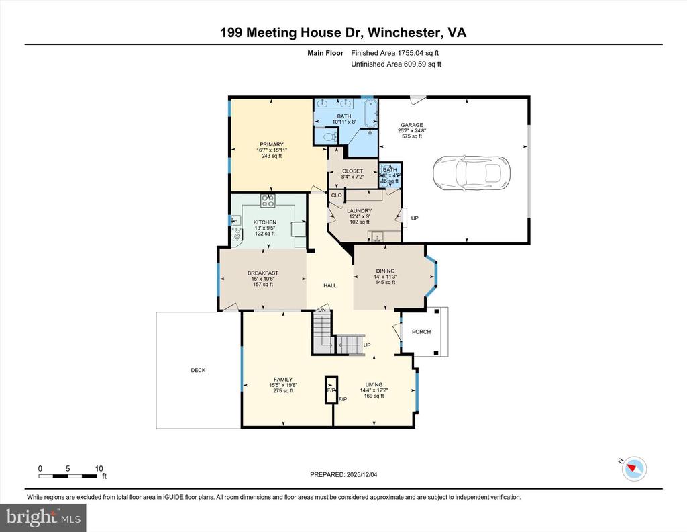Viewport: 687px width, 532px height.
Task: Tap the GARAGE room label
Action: (411, 125)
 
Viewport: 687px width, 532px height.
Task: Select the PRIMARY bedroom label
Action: (272, 144)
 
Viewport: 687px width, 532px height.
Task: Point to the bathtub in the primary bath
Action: (368, 114)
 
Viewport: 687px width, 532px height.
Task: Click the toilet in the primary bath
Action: (329, 136)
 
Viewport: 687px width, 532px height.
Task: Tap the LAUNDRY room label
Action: (359, 210)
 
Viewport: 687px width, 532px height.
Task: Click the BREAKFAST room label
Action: (262, 273)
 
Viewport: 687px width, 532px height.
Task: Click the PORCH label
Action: (421, 332)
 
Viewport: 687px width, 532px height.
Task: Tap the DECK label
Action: (198, 370)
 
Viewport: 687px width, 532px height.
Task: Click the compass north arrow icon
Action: (634, 468)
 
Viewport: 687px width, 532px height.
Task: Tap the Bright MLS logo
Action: (44, 517)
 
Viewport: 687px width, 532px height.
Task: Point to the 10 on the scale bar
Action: (99, 468)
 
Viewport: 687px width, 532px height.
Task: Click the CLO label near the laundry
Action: (336, 195)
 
